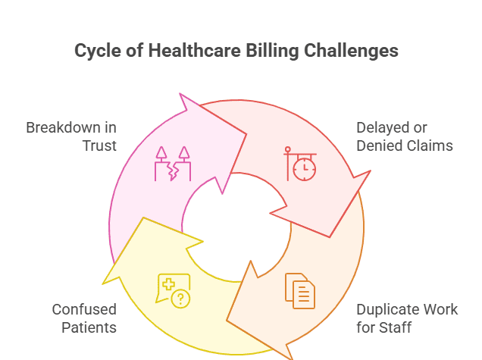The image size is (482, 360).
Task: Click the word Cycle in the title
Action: click(96, 52)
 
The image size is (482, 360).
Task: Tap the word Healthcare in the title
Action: click(180, 52)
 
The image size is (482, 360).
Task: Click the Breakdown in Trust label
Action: click(71, 136)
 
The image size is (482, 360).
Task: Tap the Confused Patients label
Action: click(84, 318)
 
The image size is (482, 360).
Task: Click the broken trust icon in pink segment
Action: click(172, 164)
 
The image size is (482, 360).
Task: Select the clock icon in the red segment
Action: click(301, 163)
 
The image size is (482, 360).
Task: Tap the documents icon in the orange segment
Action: click(300, 291)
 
